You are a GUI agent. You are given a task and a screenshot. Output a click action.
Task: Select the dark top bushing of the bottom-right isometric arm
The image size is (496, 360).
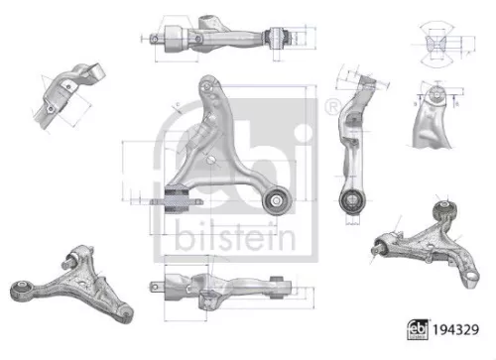pos(445,209)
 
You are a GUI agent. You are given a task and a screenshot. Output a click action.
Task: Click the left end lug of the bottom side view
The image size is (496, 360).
pos(158,289)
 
